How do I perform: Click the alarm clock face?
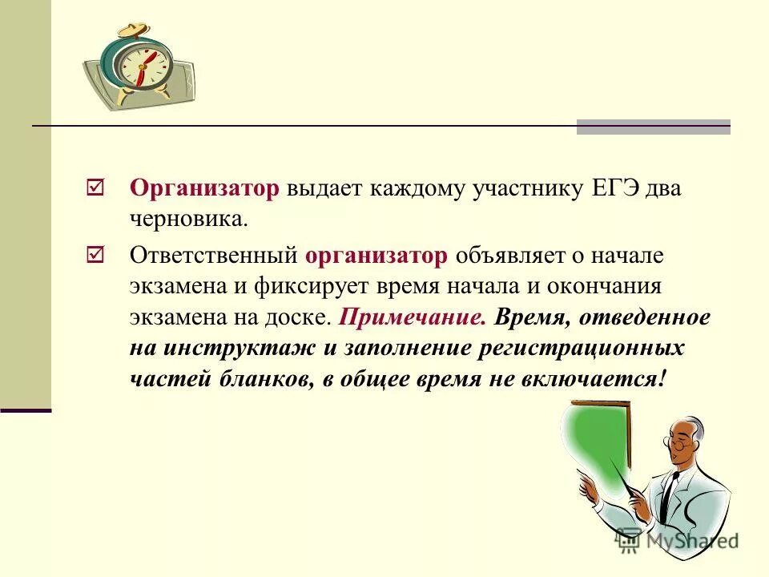tap(143, 63)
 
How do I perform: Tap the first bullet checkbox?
tap(94, 188)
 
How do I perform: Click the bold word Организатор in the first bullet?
tap(204, 188)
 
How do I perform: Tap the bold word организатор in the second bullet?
tap(376, 256)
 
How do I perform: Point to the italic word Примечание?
tap(413, 317)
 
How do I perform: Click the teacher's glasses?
tap(678, 442)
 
